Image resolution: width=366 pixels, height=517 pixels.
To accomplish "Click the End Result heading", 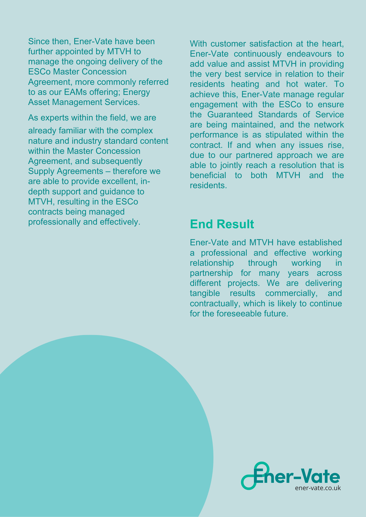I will pyautogui.click(x=222, y=224).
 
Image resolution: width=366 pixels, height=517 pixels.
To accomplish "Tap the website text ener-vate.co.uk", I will pyautogui.click(x=318, y=488).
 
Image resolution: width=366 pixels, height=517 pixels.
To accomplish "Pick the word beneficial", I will pyautogui.click(x=208, y=175).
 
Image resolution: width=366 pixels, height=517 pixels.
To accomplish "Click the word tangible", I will pyautogui.click(x=205, y=293).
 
